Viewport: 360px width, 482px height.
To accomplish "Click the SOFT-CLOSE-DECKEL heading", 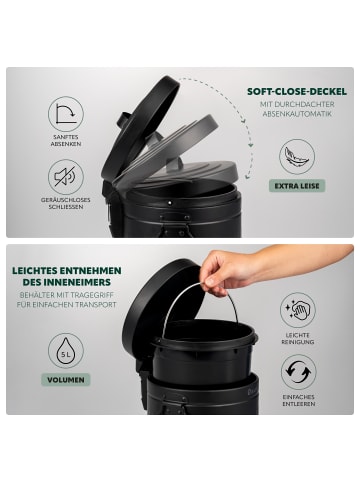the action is coord(297,92).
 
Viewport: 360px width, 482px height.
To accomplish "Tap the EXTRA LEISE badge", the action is coord(297,186).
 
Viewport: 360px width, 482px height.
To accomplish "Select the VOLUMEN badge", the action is coord(66,380).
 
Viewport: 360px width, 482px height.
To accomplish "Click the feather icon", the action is coord(297,157).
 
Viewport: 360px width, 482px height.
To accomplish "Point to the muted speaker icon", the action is coord(66,177).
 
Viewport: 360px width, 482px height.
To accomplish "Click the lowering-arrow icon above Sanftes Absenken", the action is coord(66,114).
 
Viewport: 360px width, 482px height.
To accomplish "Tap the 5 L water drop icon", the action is coord(66,350).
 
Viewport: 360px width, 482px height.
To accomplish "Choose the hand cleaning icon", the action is coord(298,310).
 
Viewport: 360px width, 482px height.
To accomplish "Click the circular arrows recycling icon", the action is coord(298,372).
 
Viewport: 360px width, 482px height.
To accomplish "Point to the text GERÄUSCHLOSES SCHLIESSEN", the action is coord(66,203).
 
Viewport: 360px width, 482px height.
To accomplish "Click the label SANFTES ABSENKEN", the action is coord(66,140).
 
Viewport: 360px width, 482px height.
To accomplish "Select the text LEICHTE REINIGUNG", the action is coord(298,338).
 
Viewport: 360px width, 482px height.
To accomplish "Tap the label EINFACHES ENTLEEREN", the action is coord(298,400).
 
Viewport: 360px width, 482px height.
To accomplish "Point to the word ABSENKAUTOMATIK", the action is coord(297,114).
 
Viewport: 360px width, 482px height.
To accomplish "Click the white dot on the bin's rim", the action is coord(169,202).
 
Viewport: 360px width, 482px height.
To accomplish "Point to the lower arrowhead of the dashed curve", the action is coord(248,175).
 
